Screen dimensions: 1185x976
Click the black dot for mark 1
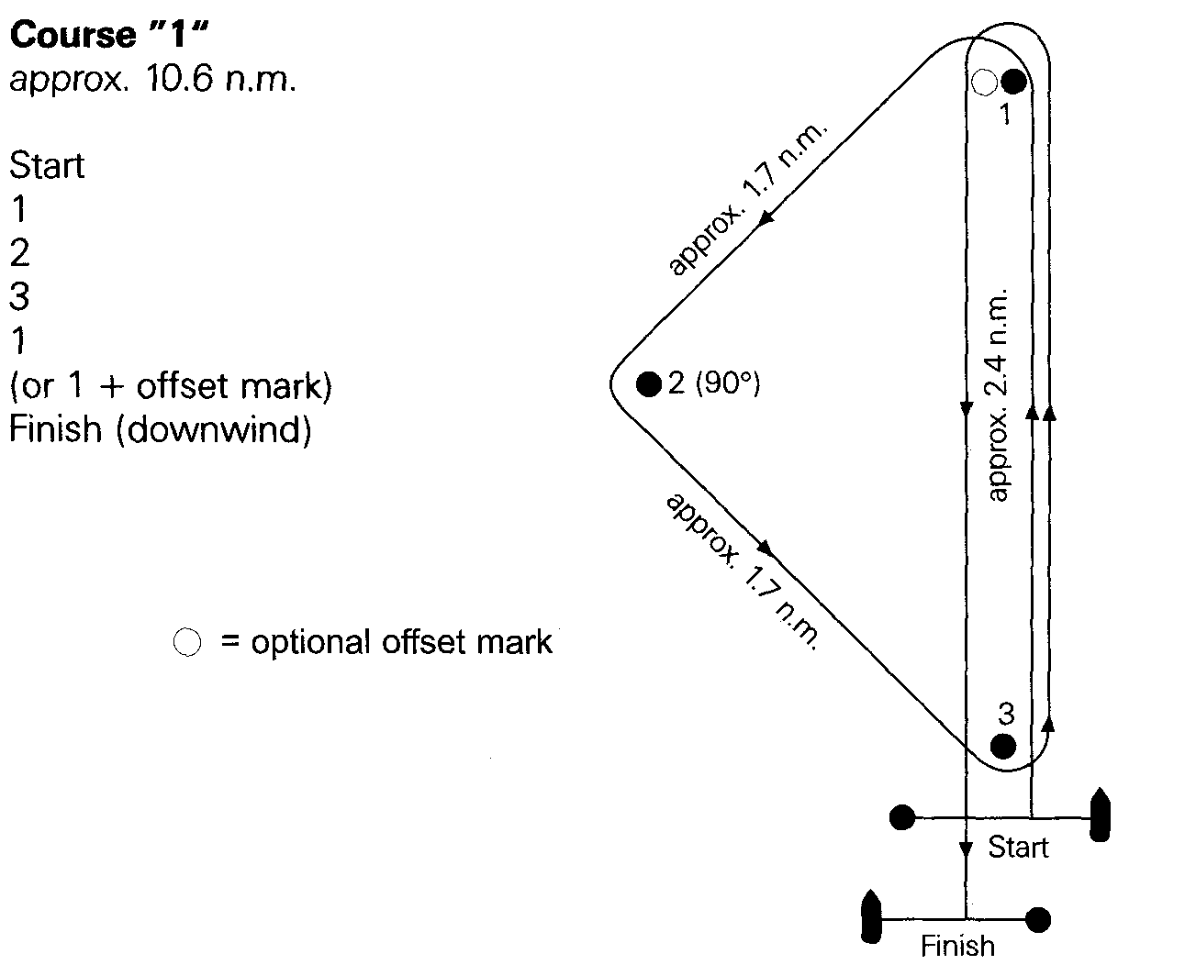tap(1013, 81)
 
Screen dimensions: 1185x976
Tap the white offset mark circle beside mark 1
tap(985, 83)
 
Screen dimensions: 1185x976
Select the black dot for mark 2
tap(649, 384)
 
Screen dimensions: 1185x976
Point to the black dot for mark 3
tap(1003, 746)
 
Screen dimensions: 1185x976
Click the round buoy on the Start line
tap(902, 817)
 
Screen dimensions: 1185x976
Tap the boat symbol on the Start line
tap(1100, 815)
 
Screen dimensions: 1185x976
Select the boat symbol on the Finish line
tap(871, 916)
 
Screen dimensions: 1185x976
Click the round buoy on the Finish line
tap(1038, 919)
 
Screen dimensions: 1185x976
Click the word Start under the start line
tap(1018, 848)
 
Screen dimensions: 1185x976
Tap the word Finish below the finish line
tap(957, 946)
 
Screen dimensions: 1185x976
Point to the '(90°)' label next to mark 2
tap(728, 383)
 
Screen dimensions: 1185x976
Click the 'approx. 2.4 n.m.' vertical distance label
tap(997, 395)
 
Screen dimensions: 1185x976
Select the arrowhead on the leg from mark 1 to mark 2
tap(766, 217)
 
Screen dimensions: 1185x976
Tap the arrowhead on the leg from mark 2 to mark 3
tap(765, 548)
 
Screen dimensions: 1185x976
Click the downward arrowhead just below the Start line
tap(966, 849)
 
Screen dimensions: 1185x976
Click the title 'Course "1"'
tap(109, 35)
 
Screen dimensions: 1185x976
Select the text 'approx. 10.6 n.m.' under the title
tap(152, 78)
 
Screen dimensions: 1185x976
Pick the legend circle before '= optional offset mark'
tap(187, 642)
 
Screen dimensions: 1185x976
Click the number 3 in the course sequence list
tap(19, 296)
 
